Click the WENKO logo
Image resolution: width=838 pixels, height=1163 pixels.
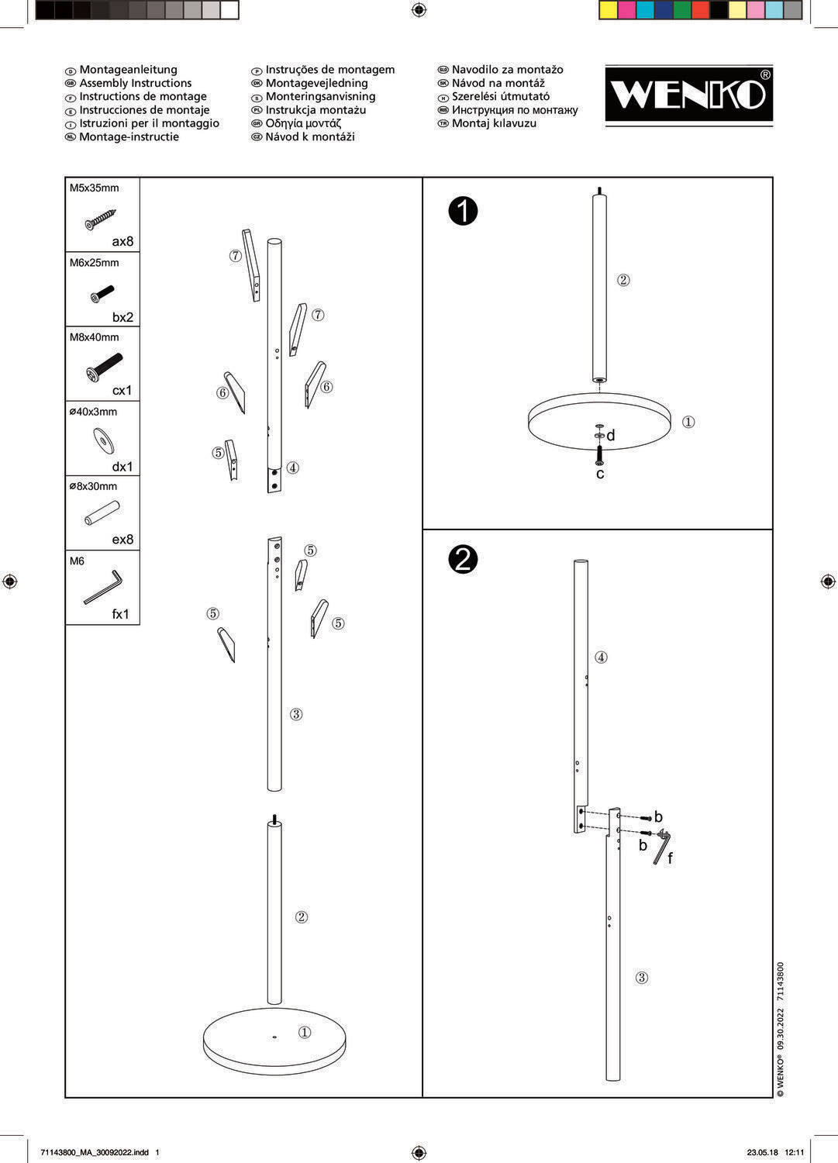tap(688, 95)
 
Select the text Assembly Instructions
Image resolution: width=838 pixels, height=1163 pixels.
tap(136, 83)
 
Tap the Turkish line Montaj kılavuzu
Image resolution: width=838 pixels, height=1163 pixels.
tap(494, 123)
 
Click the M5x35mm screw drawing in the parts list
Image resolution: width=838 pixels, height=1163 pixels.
tap(101, 219)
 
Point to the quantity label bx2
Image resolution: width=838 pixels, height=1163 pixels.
tap(123, 317)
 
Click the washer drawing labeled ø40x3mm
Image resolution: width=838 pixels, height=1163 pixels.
tap(104, 441)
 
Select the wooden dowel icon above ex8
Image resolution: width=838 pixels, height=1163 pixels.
tap(102, 513)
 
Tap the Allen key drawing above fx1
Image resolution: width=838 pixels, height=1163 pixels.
tap(103, 587)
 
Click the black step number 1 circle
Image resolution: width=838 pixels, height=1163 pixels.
tap(463, 212)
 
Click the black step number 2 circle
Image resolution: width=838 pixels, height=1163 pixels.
tap(463, 560)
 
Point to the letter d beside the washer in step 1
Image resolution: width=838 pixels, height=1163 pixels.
tap(611, 435)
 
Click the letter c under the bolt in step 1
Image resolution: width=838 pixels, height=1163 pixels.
tap(600, 474)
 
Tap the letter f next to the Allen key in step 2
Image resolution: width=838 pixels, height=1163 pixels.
tap(671, 858)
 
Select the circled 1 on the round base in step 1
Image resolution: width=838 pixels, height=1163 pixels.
tap(688, 422)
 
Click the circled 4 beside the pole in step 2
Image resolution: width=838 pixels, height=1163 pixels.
tap(601, 657)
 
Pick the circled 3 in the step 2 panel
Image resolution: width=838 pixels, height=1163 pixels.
tap(642, 978)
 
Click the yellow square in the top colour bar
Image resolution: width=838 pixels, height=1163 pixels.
tap(608, 10)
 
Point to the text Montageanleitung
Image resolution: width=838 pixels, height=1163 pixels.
tap(128, 70)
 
